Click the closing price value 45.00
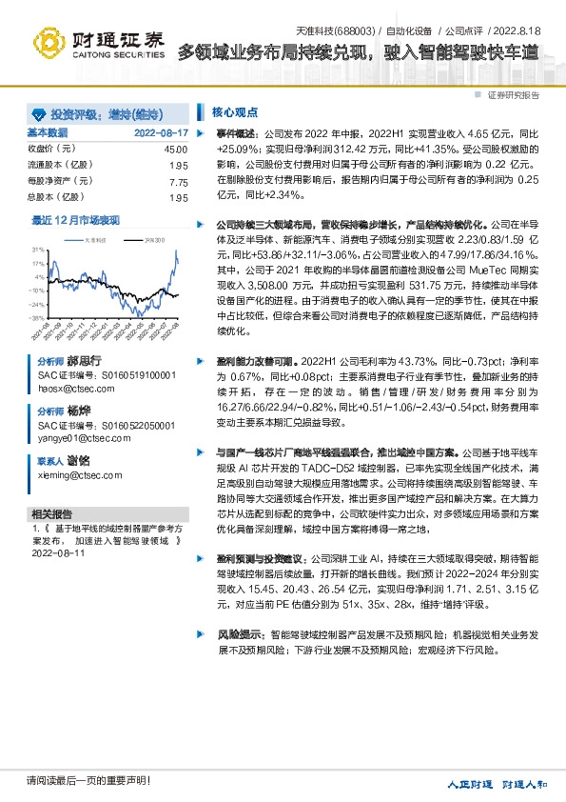click(x=176, y=150)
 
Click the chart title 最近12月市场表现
click(x=76, y=221)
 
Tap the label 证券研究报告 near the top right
click(x=514, y=96)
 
